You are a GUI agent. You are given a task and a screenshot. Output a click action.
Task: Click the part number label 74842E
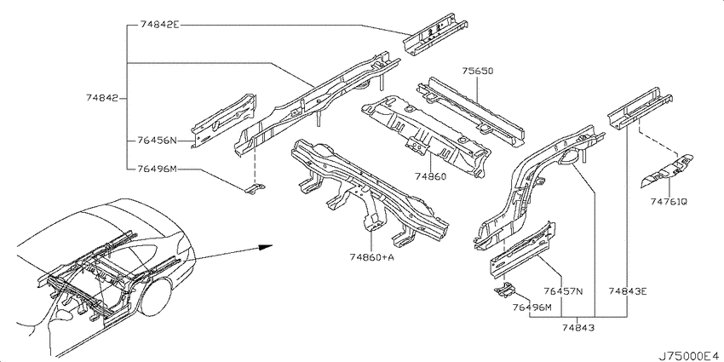(158, 26)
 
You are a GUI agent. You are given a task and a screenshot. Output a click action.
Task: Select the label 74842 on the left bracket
(102, 98)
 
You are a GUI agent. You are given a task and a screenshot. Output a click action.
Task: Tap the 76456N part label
(157, 141)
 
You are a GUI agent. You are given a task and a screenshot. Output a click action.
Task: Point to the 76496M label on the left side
(157, 169)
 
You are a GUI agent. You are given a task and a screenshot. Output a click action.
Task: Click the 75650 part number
(478, 71)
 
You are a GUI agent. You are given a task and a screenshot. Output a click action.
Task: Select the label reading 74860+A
(371, 257)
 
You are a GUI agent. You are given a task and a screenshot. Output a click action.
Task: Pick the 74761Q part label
(669, 201)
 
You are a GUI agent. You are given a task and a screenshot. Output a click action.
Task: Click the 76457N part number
(563, 291)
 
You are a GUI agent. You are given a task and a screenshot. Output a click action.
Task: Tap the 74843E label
(628, 291)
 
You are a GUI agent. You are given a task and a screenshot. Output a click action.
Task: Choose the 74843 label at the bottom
(578, 328)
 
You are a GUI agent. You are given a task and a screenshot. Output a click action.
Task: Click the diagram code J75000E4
(689, 356)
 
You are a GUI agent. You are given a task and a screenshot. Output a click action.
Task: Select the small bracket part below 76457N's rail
(505, 290)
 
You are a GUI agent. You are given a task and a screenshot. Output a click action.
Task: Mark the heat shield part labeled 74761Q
(667, 169)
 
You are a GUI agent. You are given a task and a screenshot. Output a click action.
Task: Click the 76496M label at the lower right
(532, 307)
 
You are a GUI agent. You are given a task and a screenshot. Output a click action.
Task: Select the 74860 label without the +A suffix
(430, 176)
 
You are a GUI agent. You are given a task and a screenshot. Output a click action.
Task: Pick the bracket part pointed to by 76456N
(224, 121)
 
